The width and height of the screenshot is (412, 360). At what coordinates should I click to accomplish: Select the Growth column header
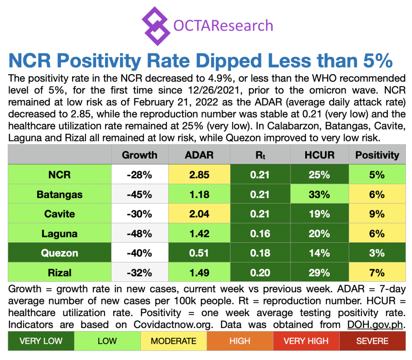tap(140, 155)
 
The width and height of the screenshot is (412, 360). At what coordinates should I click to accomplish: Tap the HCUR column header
tap(319, 155)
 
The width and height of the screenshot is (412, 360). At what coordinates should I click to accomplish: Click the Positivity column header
tap(377, 155)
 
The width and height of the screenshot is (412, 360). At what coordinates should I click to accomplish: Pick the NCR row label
tap(60, 175)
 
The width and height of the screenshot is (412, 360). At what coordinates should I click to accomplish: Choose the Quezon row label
tap(60, 253)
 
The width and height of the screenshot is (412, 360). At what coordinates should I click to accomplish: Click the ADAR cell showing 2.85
tap(199, 175)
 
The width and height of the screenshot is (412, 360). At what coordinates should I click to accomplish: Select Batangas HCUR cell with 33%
tap(319, 194)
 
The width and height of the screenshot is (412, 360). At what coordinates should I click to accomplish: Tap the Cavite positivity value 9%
tap(377, 214)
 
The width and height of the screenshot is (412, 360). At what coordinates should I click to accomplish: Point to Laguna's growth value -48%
tap(140, 234)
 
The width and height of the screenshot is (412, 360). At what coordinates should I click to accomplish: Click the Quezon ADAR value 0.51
tap(199, 253)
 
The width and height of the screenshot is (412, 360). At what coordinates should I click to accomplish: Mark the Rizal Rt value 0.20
tap(260, 273)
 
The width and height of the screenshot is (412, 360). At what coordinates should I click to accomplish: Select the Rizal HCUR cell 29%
tap(319, 273)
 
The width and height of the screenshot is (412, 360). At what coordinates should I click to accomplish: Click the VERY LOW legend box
tap(41, 341)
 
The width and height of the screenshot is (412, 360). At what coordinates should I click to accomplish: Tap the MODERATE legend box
tap(174, 341)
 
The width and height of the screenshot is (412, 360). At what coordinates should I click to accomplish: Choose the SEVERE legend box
tap(373, 341)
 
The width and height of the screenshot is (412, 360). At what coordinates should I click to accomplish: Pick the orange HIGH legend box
tap(240, 341)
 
